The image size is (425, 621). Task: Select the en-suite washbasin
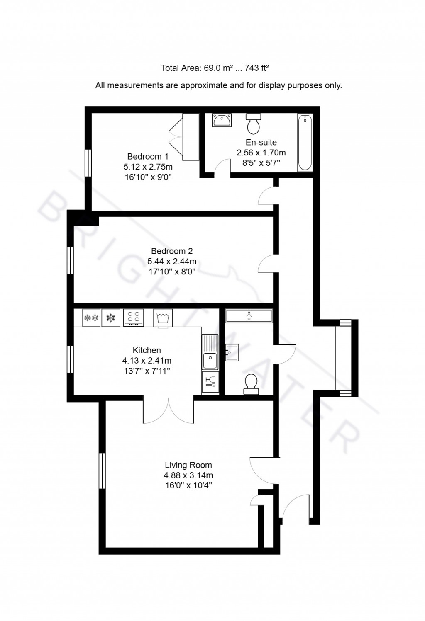click(222, 120)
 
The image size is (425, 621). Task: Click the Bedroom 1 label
click(148, 157)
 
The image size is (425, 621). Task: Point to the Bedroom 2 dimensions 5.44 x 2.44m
click(172, 262)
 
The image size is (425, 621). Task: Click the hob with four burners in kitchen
click(134, 318)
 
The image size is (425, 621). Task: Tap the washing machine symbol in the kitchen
click(163, 318)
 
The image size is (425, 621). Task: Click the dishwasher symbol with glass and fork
click(210, 381)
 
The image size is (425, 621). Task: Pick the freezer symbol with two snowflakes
click(91, 318)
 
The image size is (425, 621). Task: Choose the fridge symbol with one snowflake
click(111, 318)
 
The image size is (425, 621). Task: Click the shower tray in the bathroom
click(249, 316)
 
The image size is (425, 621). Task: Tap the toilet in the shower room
click(251, 384)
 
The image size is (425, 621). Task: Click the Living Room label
click(188, 465)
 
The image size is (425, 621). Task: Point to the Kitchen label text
click(147, 350)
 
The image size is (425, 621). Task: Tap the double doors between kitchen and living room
click(169, 410)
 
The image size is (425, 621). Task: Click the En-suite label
click(261, 142)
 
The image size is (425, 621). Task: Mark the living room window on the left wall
click(102, 471)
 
